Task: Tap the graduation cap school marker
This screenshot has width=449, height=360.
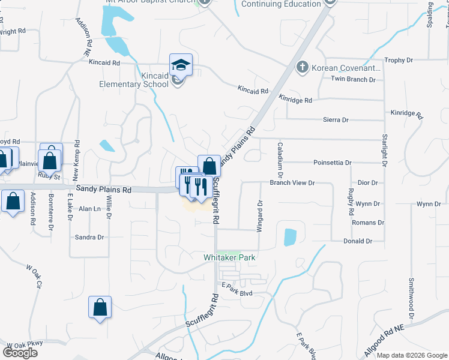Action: pyautogui.click(x=181, y=64)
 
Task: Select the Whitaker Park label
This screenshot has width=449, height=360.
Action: pyautogui.click(x=231, y=257)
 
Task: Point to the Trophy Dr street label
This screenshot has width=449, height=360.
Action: pyautogui.click(x=399, y=60)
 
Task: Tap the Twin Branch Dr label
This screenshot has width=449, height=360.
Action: pyautogui.click(x=353, y=79)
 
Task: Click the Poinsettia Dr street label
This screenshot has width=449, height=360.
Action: pyautogui.click(x=332, y=163)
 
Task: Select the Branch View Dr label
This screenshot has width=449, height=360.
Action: pyautogui.click(x=292, y=182)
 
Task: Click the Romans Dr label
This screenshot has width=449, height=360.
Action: pyautogui.click(x=367, y=223)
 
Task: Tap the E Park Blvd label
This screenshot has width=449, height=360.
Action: pyautogui.click(x=237, y=293)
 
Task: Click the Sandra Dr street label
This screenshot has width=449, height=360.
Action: pyautogui.click(x=89, y=237)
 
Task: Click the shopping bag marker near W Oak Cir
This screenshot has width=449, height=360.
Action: pyautogui.click(x=100, y=307)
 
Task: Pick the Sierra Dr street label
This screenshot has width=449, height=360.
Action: pyautogui.click(x=336, y=120)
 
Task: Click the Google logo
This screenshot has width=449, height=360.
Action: pyautogui.click(x=20, y=352)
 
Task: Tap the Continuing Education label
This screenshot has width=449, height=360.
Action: pyautogui.click(x=281, y=4)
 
